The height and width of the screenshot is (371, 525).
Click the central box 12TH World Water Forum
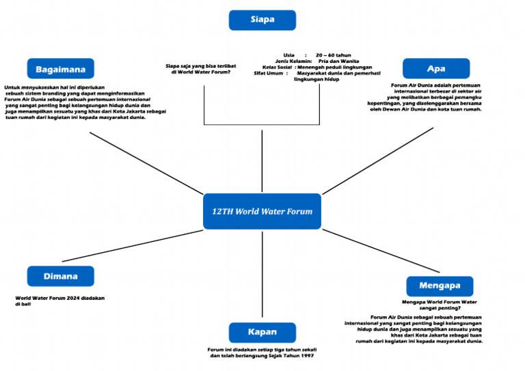(262, 211)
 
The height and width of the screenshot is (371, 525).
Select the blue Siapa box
(262, 20)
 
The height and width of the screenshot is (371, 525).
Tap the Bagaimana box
(61, 69)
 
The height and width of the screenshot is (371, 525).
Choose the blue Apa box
(435, 69)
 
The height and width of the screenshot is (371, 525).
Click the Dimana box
(61, 276)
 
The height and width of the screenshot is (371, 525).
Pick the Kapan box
(262, 332)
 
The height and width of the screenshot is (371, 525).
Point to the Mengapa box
(440, 286)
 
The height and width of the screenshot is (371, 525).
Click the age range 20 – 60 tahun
(333, 55)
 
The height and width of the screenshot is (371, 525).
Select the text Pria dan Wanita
(338, 61)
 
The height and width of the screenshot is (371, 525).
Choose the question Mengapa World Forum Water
(439, 301)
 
